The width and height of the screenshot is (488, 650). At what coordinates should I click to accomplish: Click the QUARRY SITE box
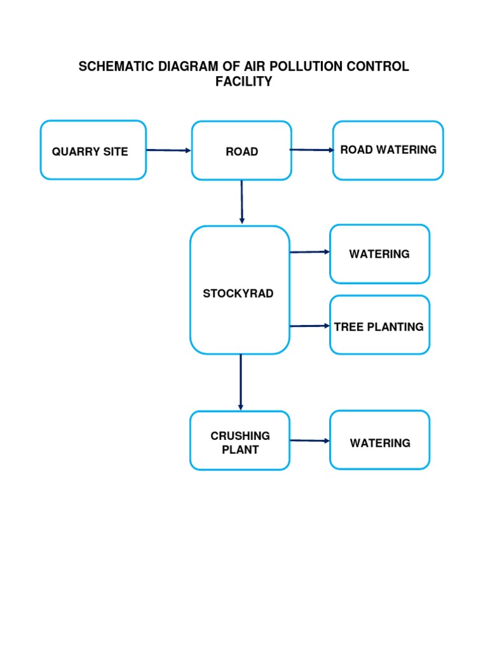coord(93,150)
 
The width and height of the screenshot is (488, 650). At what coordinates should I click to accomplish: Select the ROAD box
coord(241,151)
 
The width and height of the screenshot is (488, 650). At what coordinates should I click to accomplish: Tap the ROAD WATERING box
coord(388,150)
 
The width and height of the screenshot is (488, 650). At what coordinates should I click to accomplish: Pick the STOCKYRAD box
coord(240,290)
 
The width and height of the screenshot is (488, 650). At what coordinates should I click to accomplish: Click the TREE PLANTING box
coord(379,325)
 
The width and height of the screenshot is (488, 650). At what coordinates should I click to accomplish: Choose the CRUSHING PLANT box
coord(240,441)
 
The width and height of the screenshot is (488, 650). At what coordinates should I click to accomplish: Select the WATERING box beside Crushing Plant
coord(379,441)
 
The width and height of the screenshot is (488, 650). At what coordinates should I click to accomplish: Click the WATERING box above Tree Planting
coord(379,254)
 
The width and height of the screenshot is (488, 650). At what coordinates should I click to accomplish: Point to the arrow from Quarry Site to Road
coord(168,150)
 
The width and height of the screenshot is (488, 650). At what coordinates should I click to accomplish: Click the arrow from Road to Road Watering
coord(311,150)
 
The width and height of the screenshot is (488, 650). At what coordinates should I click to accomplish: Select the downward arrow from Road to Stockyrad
coord(241,201)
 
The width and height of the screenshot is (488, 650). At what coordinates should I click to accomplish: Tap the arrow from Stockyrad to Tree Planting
coord(309,326)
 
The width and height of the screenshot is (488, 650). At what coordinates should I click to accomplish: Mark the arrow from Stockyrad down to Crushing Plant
coord(240,381)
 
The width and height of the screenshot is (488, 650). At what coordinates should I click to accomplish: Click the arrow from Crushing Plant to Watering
coord(309,441)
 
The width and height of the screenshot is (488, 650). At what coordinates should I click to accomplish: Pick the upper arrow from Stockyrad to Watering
coord(309,252)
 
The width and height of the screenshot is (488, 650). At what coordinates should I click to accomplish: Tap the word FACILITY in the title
coord(243,82)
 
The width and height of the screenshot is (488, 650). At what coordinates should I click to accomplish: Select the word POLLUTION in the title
coord(304,67)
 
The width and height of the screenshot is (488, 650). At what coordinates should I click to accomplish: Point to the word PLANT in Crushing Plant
coord(240,449)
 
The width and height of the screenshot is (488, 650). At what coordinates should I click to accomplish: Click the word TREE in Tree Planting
coord(347,327)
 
